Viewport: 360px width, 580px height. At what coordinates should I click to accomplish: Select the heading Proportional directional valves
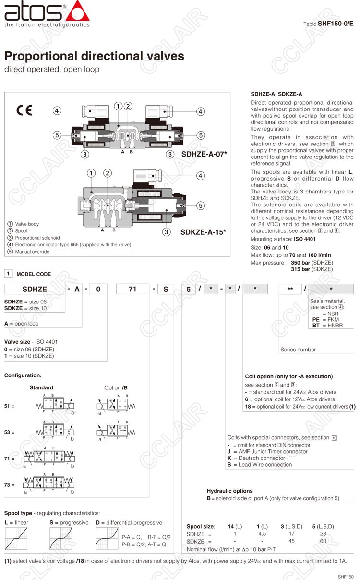coord(94,56)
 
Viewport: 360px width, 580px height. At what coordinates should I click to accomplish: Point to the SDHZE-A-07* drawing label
coord(204,154)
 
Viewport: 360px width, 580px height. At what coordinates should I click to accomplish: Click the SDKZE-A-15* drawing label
coord(203,232)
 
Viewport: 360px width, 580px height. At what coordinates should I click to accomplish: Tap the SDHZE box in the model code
coord(35,289)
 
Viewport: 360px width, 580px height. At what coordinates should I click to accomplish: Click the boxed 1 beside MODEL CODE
coord(8,274)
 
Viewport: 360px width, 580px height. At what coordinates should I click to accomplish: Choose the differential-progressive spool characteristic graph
coord(107,538)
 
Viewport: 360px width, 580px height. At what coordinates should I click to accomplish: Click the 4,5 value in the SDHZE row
coord(262,533)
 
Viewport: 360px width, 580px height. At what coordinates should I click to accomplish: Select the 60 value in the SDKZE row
coord(323,541)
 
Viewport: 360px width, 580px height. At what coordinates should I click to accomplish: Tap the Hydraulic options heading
coord(229,491)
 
